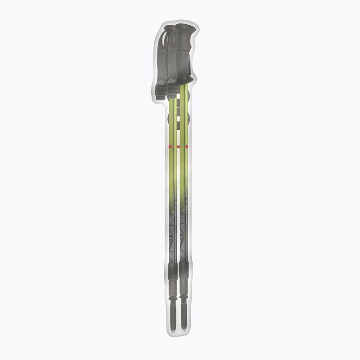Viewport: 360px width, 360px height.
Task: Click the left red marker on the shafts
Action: pos(170,147)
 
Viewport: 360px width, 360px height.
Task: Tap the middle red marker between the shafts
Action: pos(178,147)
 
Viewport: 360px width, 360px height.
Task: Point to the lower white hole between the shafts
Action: pos(179,118)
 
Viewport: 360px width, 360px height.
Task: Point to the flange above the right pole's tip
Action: pos(184,298)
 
